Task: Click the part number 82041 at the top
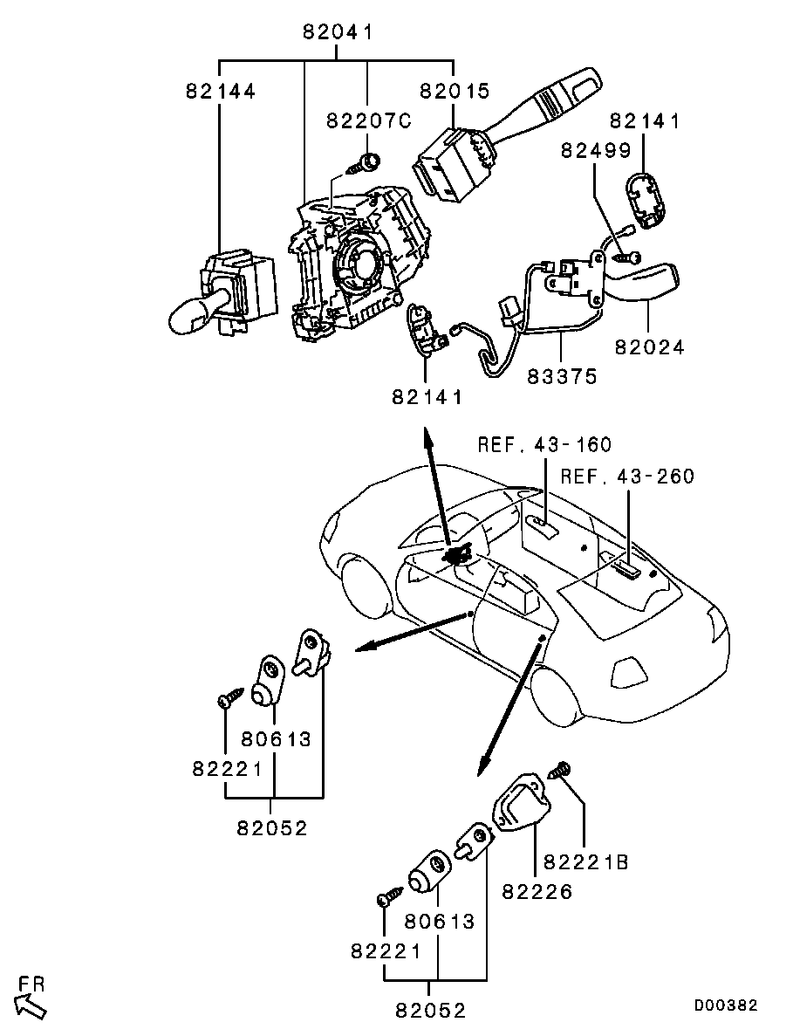click(x=338, y=34)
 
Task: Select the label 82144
click(x=220, y=91)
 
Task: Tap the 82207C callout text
click(x=368, y=121)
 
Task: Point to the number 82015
click(x=455, y=91)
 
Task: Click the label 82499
click(x=596, y=151)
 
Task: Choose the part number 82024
click(x=649, y=347)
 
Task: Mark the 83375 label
click(x=562, y=377)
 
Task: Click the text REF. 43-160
click(x=544, y=445)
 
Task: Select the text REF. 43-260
click(x=627, y=477)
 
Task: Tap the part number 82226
click(x=537, y=892)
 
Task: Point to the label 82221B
click(x=585, y=862)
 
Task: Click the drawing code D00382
click(x=726, y=1006)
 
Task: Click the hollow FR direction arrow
click(x=31, y=1005)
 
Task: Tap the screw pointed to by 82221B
click(x=558, y=770)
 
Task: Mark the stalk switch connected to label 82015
click(x=506, y=140)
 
